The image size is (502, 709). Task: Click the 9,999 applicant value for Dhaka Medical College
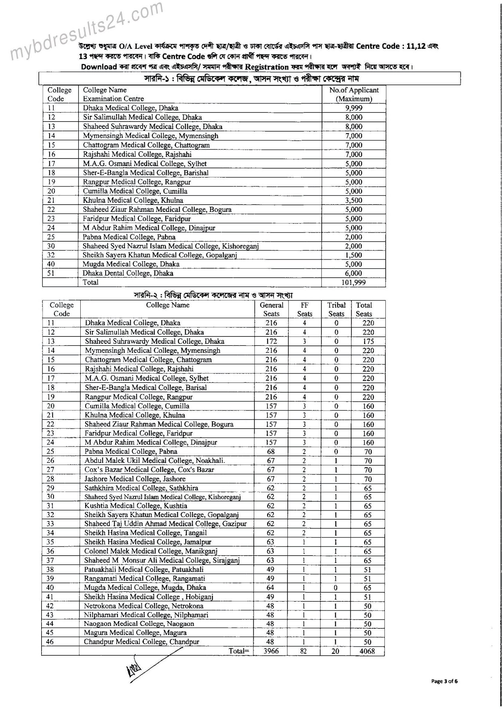pyautogui.click(x=353, y=108)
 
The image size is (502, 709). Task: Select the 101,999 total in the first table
pyautogui.click(x=353, y=282)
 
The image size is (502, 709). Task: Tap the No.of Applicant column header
pyautogui.click(x=354, y=94)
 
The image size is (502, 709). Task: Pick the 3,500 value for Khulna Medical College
pyautogui.click(x=353, y=200)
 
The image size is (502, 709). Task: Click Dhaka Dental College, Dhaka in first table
pyautogui.click(x=128, y=273)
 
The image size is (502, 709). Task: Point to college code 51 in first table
pyautogui.click(x=52, y=273)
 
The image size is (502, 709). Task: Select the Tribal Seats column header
pyautogui.click(x=336, y=309)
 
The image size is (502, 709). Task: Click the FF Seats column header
pyautogui.click(x=305, y=309)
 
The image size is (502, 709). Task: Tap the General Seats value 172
pyautogui.click(x=271, y=341)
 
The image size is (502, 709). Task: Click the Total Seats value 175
pyautogui.click(x=368, y=341)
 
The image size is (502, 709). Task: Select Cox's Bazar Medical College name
pyautogui.click(x=149, y=470)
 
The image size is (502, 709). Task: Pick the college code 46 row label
pyautogui.click(x=50, y=641)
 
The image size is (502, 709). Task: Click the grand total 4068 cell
pyautogui.click(x=367, y=651)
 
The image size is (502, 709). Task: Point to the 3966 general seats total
pyautogui.click(x=271, y=651)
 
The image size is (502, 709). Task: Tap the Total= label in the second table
pyautogui.click(x=239, y=651)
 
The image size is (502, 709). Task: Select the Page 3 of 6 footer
pyautogui.click(x=445, y=681)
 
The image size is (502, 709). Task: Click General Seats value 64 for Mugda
pyautogui.click(x=270, y=587)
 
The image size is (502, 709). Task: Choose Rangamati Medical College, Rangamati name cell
pyautogui.click(x=145, y=578)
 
